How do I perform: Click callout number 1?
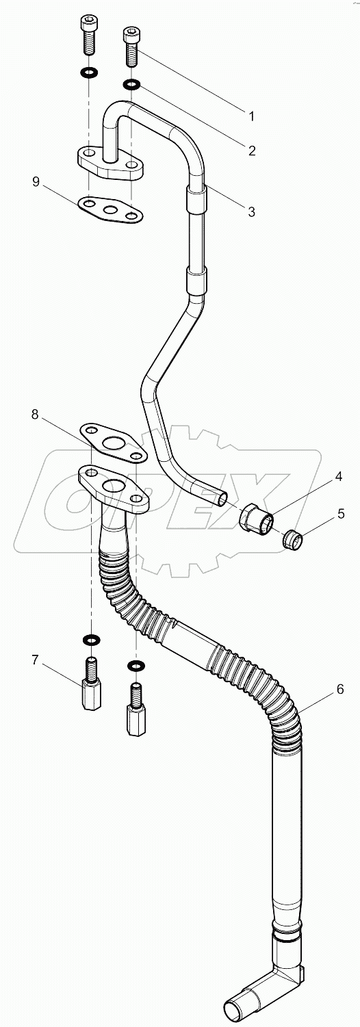click(x=251, y=116)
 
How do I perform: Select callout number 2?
click(x=252, y=151)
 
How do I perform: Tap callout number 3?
click(x=251, y=212)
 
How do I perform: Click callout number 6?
click(x=339, y=690)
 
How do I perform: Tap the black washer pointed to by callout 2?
click(x=131, y=85)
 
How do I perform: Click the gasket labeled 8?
click(x=113, y=441)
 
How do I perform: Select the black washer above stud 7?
click(x=90, y=639)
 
